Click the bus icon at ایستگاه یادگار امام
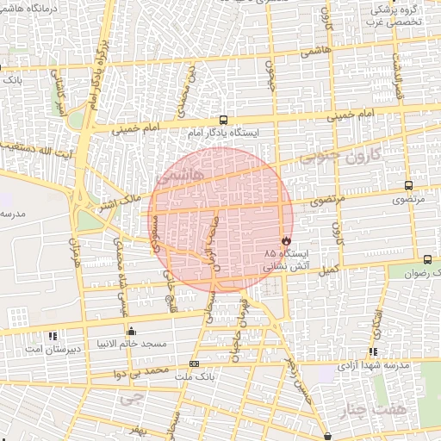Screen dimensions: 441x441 tap(224, 121)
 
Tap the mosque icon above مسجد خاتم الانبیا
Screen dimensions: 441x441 tap(130, 331)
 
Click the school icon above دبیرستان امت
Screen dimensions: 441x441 tap(53, 336)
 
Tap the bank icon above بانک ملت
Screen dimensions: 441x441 tap(193, 364)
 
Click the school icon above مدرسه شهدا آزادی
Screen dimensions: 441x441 tap(372, 351)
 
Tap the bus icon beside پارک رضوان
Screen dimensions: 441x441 tap(427, 259)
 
